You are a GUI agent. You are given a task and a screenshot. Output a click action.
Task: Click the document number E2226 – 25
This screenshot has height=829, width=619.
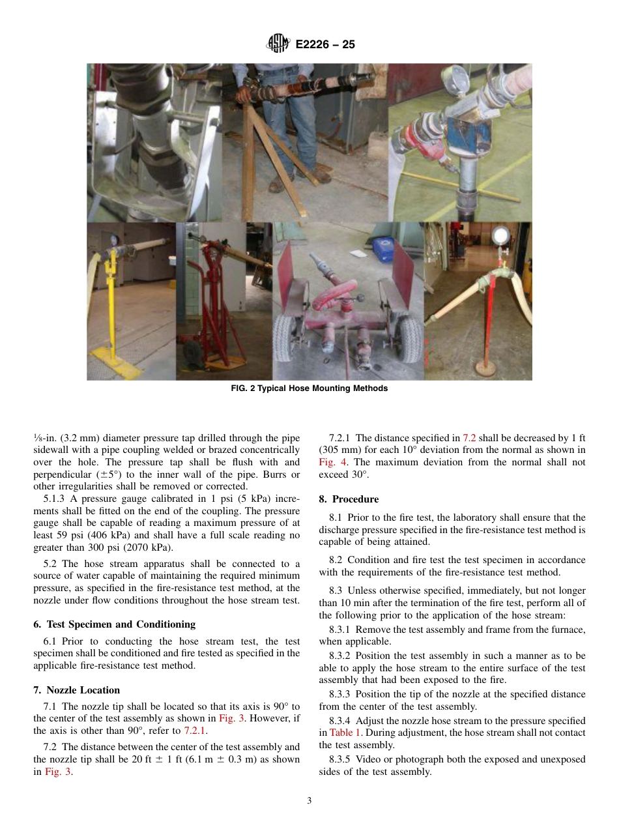325,45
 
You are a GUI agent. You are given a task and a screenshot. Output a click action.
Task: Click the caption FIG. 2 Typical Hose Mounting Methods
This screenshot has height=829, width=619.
309,388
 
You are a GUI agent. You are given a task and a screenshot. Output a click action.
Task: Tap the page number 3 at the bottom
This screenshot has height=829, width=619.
309,801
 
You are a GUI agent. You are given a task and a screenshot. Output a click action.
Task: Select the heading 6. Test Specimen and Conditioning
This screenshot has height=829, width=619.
114,624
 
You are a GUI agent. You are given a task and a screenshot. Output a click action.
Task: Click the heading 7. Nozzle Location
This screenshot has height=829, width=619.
76,690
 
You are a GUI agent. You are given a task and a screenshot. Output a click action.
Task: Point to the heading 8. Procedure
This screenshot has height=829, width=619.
349,499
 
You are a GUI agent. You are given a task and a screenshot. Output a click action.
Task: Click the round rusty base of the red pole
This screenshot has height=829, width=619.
485,368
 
